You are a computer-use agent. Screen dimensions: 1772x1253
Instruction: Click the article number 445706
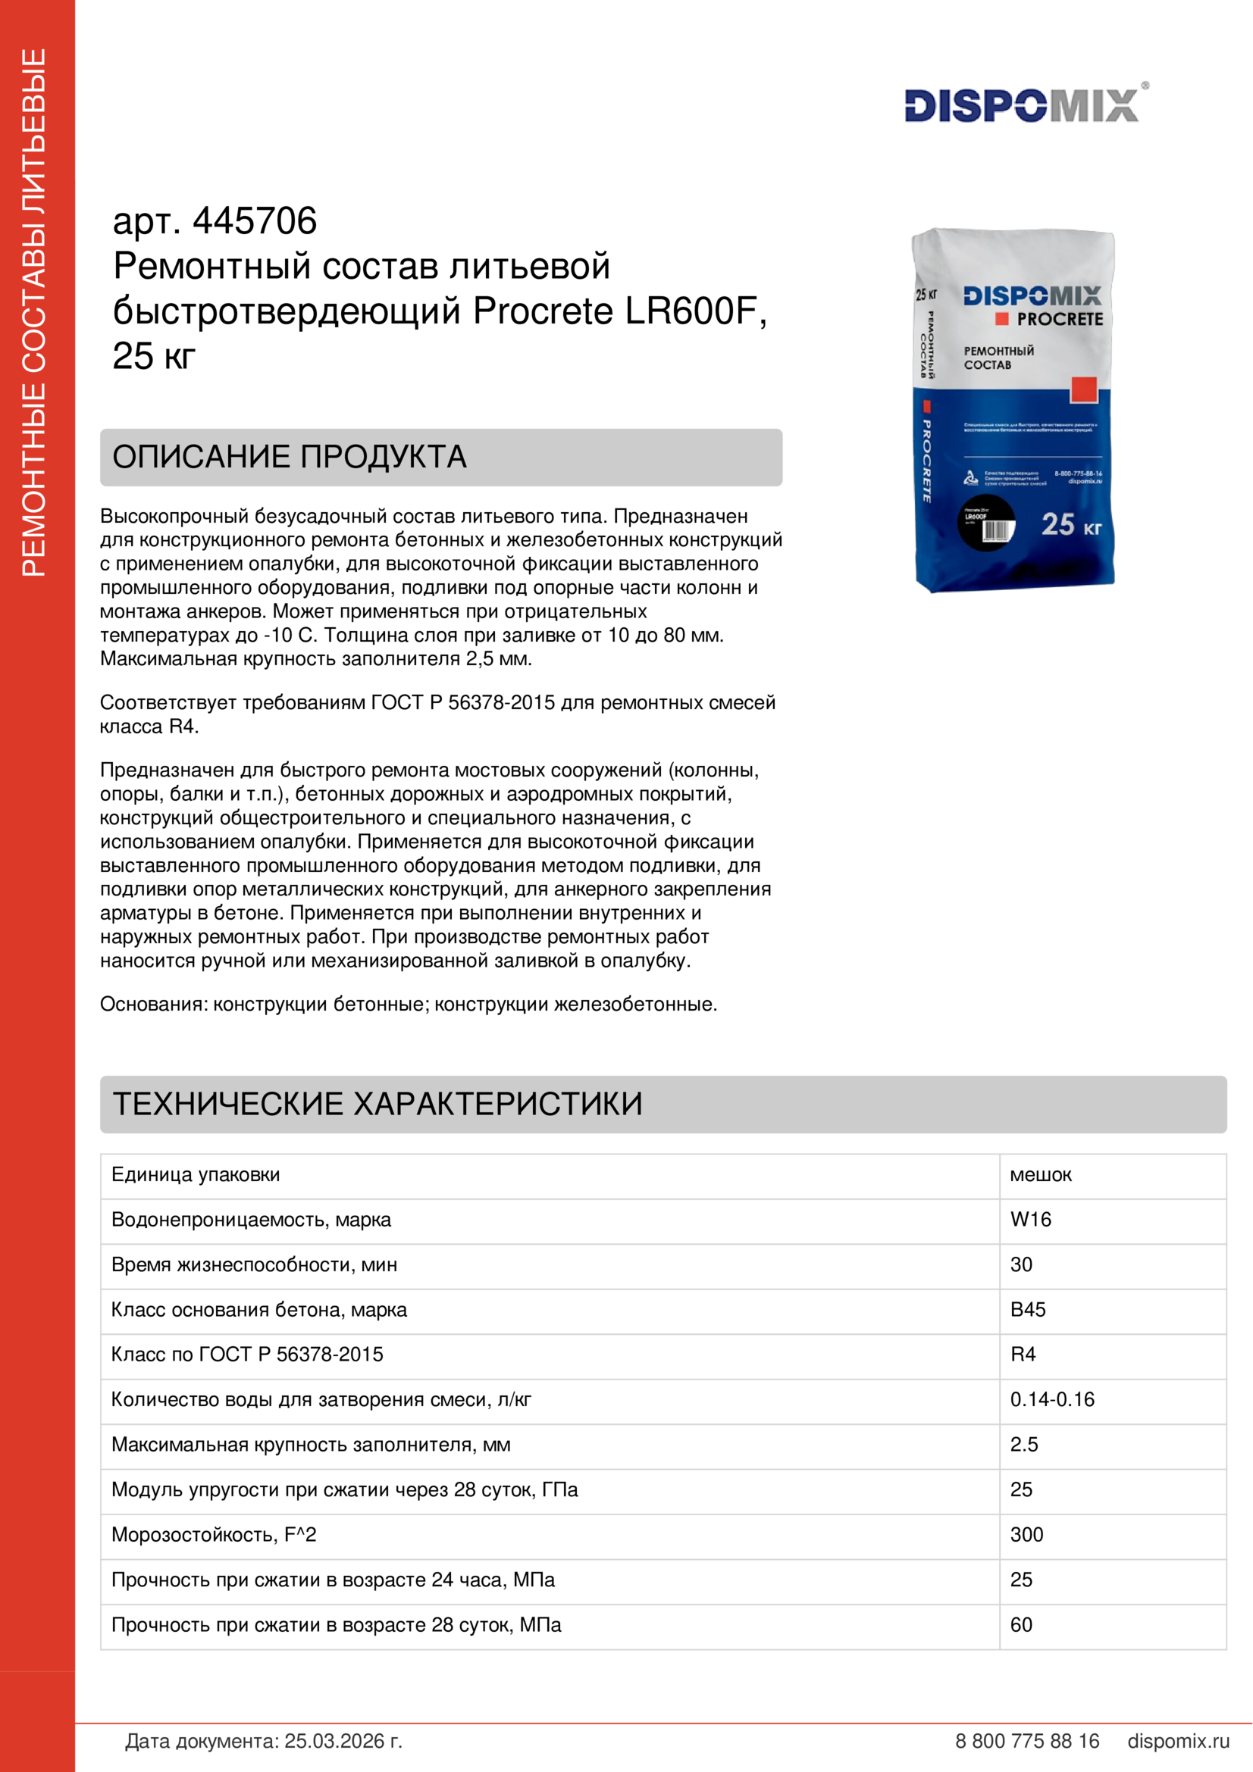click(x=254, y=221)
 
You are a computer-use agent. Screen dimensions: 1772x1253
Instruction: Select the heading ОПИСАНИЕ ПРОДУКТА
click(x=290, y=457)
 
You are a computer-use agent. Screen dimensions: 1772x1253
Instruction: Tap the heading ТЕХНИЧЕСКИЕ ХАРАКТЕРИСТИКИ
click(x=377, y=1104)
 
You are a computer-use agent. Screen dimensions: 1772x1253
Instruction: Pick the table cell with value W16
click(x=1031, y=1220)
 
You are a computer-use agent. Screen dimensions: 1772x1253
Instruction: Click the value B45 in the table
click(x=1028, y=1310)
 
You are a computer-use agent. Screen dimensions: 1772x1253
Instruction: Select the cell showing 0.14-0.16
click(x=1052, y=1399)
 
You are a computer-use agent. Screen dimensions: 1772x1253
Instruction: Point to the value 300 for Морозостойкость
click(x=1027, y=1534)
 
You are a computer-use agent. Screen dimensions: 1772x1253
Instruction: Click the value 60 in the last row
click(x=1021, y=1624)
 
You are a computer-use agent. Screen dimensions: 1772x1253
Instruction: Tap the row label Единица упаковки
click(x=196, y=1175)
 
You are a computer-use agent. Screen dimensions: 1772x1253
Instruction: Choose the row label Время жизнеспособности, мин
click(x=254, y=1264)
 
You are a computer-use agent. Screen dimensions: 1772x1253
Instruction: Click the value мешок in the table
click(x=1041, y=1175)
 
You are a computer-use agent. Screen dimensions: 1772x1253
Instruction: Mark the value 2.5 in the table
click(x=1024, y=1444)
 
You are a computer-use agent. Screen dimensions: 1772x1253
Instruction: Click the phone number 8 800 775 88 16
click(x=1027, y=1741)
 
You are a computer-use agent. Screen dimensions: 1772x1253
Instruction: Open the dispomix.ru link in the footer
click(x=1178, y=1741)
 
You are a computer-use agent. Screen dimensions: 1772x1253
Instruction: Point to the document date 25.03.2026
click(x=343, y=1741)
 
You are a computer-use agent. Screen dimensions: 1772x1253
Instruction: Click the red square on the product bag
click(x=1084, y=389)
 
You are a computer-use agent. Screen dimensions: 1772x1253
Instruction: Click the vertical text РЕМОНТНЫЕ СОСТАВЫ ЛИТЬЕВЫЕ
click(x=34, y=313)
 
